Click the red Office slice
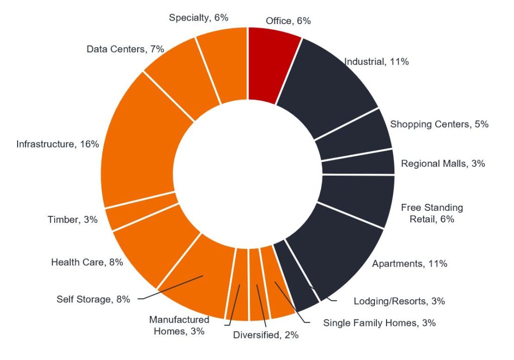pyautogui.click(x=274, y=65)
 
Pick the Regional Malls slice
pyautogui.click(x=357, y=163)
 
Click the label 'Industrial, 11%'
pyautogui.click(x=376, y=62)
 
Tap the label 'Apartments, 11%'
pyautogui.click(x=410, y=263)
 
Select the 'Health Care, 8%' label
pyautogui.click(x=87, y=262)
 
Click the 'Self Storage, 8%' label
pyautogui.click(x=93, y=299)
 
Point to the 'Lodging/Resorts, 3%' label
pyautogui.click(x=399, y=301)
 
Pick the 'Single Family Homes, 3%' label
pyautogui.click(x=379, y=323)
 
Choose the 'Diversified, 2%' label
pyautogui.click(x=266, y=335)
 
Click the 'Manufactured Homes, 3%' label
pyautogui.click(x=179, y=325)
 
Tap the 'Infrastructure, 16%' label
pyautogui.click(x=57, y=144)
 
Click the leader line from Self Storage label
pyautogui.click(x=171, y=287)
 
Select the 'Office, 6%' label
pyautogui.click(x=288, y=21)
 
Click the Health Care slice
pyautogui.click(x=151, y=246)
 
